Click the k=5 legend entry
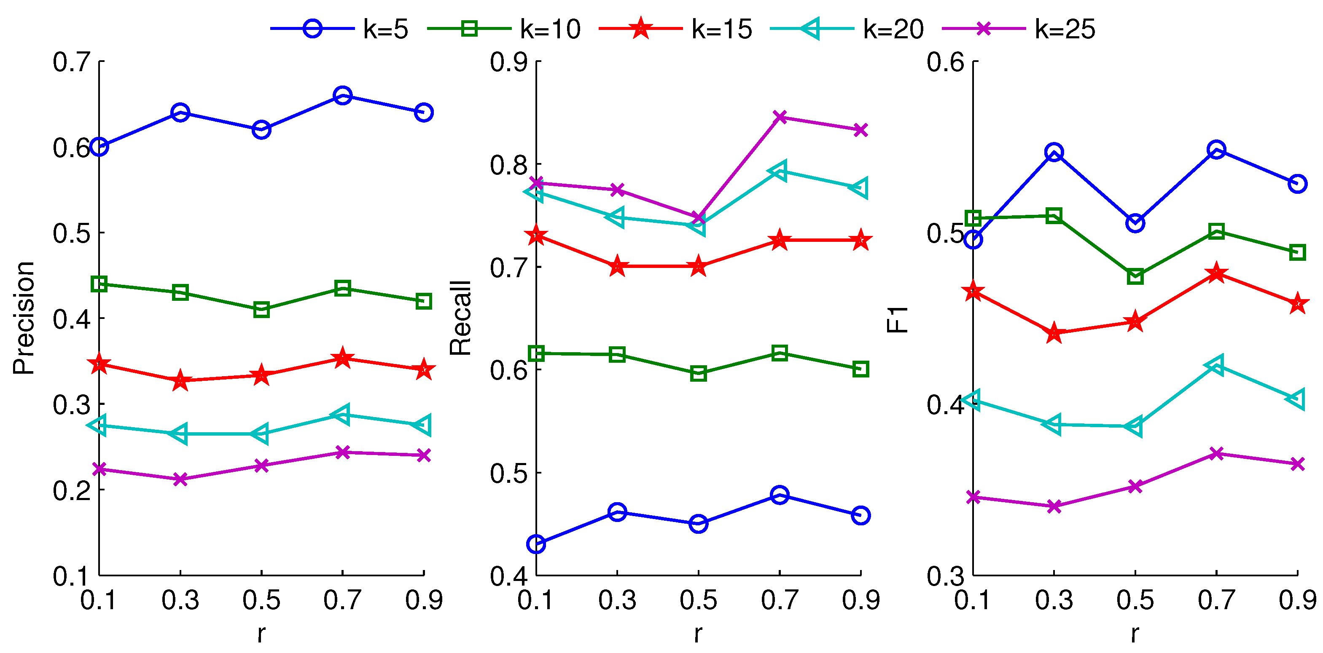click(339, 29)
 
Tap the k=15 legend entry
click(676, 29)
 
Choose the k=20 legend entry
click(847, 29)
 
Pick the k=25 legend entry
click(1019, 29)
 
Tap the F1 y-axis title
click(897, 319)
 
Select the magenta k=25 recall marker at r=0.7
click(780, 117)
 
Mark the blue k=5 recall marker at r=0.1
click(536, 543)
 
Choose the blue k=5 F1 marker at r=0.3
click(1054, 153)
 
